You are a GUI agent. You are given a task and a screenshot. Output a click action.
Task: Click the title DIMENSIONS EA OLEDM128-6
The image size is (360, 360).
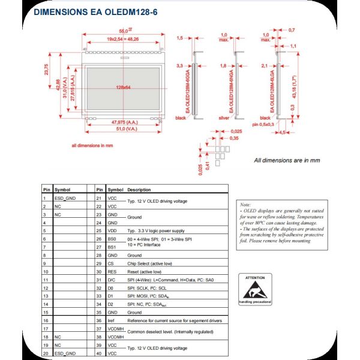pos(95,12)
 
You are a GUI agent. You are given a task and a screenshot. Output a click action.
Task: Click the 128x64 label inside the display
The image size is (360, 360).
pos(123,88)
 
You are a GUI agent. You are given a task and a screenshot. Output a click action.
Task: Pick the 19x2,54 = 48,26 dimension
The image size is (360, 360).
pos(122,38)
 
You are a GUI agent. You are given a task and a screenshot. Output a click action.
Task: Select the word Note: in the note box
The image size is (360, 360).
pos(245,205)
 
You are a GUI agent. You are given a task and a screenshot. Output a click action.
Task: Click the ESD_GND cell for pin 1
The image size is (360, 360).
pos(65,197)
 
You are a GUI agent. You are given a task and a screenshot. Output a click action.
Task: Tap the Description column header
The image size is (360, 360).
pos(139,189)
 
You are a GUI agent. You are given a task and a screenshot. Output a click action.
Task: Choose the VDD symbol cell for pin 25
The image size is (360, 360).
pos(112,230)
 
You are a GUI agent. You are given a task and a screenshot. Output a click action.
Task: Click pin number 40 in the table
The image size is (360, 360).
pos(98,354)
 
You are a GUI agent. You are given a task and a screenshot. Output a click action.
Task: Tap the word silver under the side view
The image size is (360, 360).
pos(224,118)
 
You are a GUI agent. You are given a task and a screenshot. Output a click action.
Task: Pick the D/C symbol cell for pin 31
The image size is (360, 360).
pos(112,280)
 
